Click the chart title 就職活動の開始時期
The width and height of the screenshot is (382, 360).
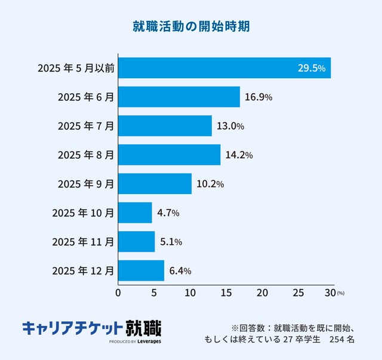click(191, 27)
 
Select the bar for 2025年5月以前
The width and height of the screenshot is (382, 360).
click(224, 68)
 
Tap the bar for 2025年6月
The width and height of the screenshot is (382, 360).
click(179, 97)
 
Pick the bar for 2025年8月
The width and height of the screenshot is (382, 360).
click(169, 155)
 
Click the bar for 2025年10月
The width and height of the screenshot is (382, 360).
click(135, 213)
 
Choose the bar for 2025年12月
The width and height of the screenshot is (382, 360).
click(141, 270)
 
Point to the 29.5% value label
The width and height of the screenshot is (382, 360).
click(311, 68)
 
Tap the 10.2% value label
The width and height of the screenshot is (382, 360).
click(210, 184)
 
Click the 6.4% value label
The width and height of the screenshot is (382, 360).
click(180, 271)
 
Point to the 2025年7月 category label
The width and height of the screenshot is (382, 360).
click(85, 126)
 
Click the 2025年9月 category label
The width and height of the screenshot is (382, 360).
click(85, 184)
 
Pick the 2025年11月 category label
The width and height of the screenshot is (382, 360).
click(83, 242)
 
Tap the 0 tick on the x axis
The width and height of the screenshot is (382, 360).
click(118, 293)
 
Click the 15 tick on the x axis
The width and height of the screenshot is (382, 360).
click(226, 293)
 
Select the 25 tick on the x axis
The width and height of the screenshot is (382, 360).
click(298, 293)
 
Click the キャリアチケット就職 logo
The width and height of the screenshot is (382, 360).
click(91, 329)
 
